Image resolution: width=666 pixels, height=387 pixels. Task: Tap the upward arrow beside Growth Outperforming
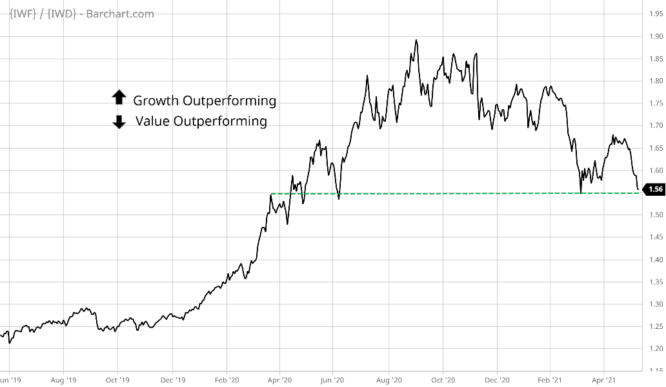tap(119, 98)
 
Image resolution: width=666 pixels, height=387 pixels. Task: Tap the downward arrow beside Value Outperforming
tap(119, 121)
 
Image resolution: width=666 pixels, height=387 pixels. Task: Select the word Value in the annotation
tap(152, 121)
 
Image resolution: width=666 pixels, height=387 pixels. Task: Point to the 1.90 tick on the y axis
tap(656, 36)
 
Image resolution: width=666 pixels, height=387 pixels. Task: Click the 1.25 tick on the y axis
tap(656, 326)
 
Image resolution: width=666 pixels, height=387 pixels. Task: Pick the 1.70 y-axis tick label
tap(656, 125)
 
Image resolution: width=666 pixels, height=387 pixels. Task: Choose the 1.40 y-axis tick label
tap(656, 260)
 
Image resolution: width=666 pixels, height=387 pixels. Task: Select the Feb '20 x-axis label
tap(226, 381)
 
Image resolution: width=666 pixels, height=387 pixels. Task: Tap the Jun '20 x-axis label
tap(333, 381)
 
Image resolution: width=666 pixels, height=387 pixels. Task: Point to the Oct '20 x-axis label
tap(442, 381)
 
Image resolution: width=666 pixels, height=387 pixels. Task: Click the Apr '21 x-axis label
tap(603, 381)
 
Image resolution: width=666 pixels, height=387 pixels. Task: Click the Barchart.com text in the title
tap(123, 14)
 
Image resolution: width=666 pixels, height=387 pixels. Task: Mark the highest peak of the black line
tap(416, 41)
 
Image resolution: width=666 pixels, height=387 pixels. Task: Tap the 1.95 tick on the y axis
tap(656, 14)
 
